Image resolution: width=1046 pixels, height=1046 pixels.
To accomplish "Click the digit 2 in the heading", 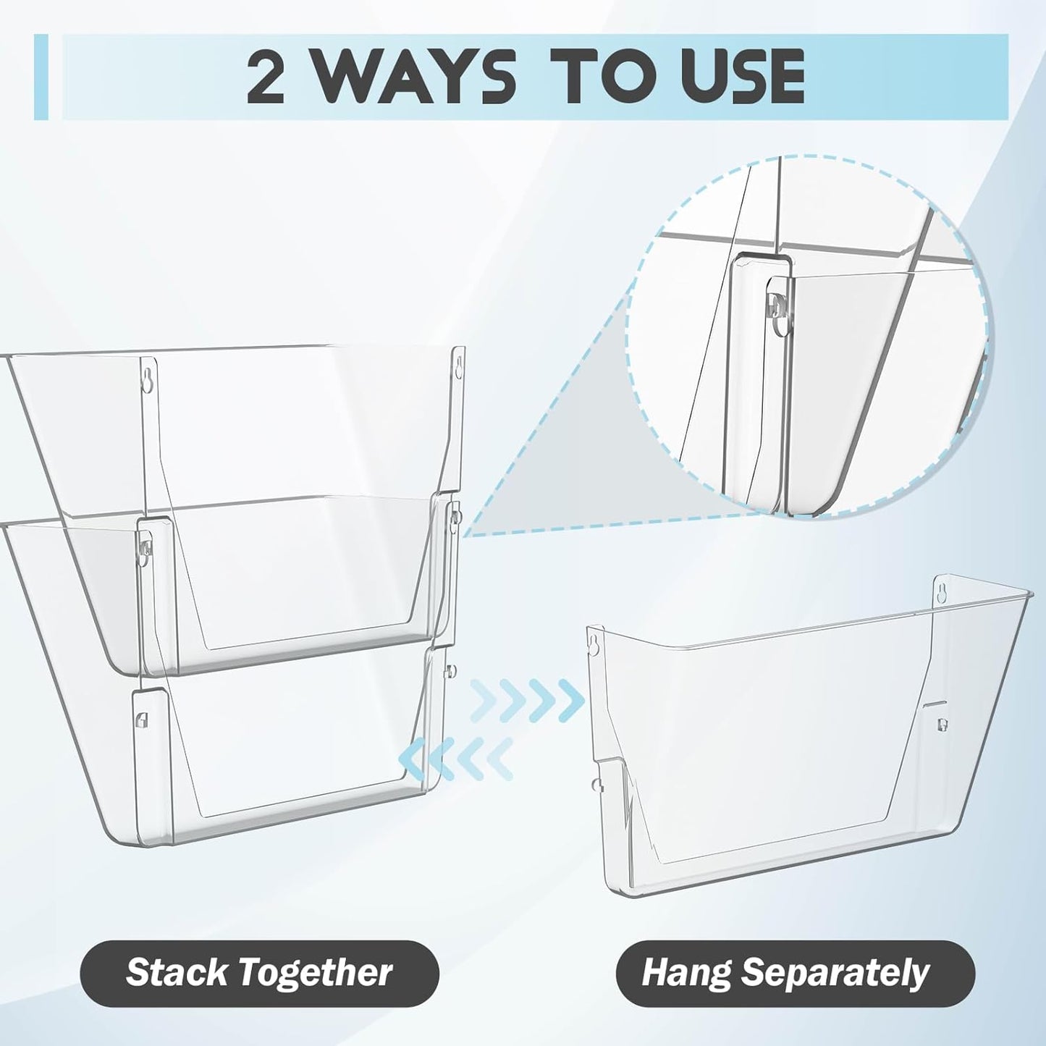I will pyautogui.click(x=266, y=77).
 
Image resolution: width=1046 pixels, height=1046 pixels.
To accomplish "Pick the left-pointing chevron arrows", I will pyautogui.click(x=456, y=757).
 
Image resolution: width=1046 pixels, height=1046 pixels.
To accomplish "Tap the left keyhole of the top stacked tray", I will pyautogui.click(x=147, y=381).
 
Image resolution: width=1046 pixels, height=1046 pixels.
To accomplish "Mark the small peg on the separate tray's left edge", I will pyautogui.click(x=594, y=783).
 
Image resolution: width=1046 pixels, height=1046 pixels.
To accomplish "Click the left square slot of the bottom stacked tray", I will pyautogui.click(x=141, y=719).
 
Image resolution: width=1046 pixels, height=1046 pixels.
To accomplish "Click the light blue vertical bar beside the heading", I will pyautogui.click(x=41, y=77).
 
